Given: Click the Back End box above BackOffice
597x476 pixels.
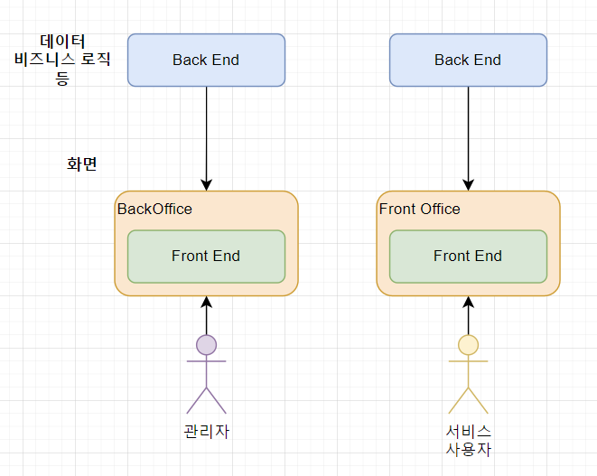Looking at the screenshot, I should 206,60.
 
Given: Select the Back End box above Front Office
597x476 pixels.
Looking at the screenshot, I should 468,60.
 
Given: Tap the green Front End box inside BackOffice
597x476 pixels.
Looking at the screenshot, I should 206,257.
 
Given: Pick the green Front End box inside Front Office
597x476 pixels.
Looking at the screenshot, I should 468,257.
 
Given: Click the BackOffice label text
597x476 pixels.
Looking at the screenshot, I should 154,210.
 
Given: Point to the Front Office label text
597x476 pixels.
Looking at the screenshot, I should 419,210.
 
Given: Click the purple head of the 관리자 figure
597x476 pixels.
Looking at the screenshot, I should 206,344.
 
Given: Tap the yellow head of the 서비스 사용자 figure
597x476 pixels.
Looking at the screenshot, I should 468,344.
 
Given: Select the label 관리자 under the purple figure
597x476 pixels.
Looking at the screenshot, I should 206,431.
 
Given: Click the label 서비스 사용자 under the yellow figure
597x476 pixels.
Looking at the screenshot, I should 468,440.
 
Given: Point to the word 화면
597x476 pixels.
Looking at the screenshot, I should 81,164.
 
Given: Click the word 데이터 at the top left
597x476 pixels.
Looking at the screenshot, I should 63,42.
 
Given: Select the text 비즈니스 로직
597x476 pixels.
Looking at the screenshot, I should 63,60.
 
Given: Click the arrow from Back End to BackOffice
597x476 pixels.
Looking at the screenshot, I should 206,135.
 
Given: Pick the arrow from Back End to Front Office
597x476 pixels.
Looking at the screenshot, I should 468,135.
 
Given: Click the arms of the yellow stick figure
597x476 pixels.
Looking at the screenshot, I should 468,361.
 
